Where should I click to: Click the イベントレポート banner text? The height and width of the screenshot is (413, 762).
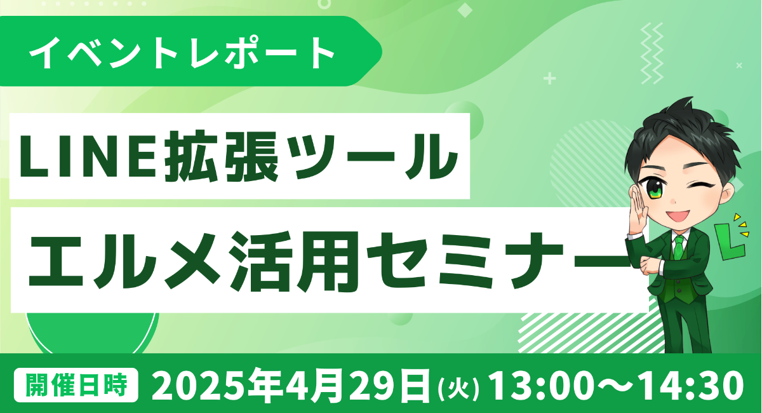pos(182,52)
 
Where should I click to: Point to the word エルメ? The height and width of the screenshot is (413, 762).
pos(124,261)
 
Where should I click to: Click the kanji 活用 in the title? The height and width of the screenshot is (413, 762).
pos(290,261)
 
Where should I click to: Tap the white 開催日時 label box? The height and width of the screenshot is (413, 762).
pos(76,385)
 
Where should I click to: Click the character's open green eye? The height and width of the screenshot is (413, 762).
pos(655,188)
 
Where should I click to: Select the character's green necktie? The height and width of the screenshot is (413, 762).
pos(679,248)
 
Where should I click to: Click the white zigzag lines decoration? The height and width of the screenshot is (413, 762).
pos(652,53)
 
